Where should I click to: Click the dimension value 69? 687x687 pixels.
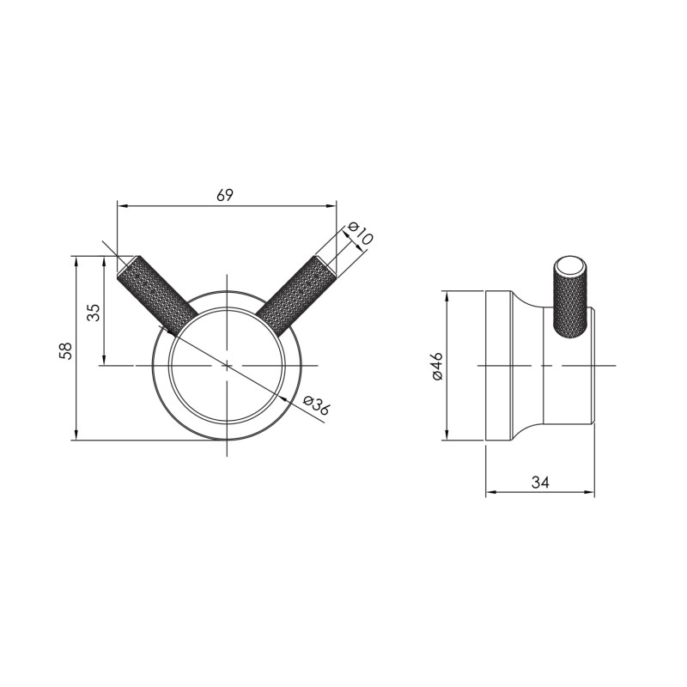(225, 195)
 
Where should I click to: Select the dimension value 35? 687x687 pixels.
(94, 311)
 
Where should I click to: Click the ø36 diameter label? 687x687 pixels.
(316, 404)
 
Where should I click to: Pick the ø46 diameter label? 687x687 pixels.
(435, 366)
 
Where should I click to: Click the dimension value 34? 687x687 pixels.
(540, 483)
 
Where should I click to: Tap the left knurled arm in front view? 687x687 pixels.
(150, 293)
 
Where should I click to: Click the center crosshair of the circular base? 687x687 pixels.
(227, 366)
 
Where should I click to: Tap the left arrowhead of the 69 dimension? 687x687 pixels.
(121, 206)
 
